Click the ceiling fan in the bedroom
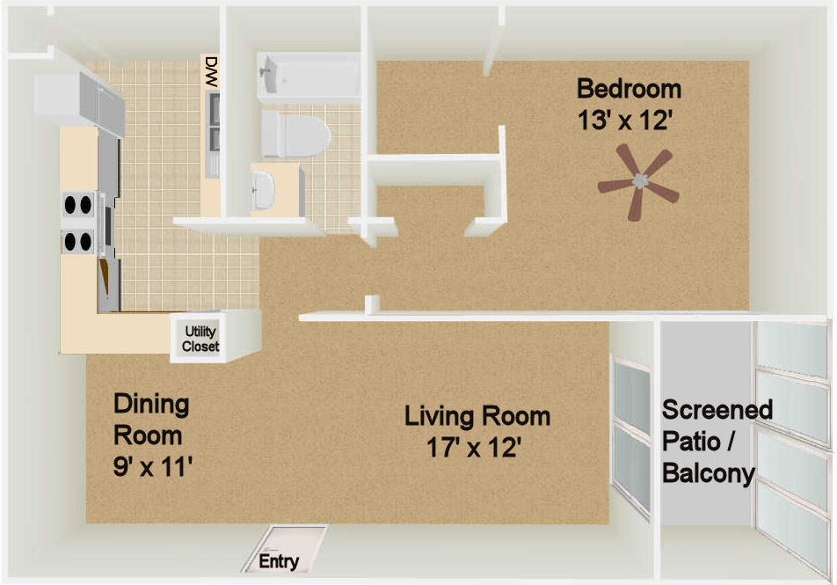point(638,181)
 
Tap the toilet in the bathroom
point(295,134)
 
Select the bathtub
point(309,77)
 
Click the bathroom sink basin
point(263,190)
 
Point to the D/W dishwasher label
point(212,72)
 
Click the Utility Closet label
point(200,339)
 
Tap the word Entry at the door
point(279,561)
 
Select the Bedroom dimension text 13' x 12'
point(623,121)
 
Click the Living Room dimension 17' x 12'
point(473,447)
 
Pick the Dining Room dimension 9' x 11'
point(153,466)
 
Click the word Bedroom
point(629,89)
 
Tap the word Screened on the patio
point(717,410)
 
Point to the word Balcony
point(709,473)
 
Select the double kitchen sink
point(214,134)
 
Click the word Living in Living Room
point(440,417)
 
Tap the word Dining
point(151,406)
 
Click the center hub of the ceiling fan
point(639,181)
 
